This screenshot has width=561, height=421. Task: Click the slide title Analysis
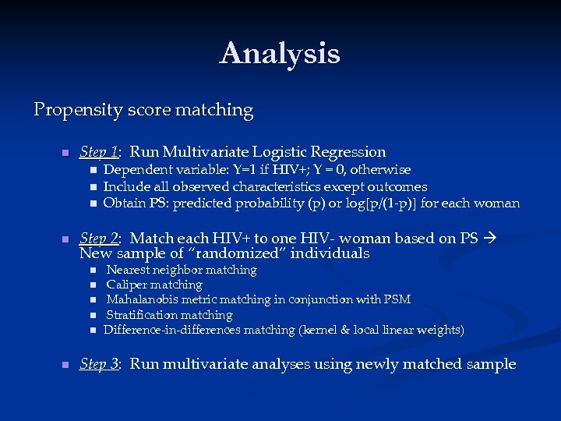[280, 54]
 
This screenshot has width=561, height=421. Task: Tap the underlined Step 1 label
[99, 152]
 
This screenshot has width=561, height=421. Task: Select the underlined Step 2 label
[99, 239]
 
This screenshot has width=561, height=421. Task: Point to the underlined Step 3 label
[99, 364]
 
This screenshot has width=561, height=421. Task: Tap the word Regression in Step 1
[348, 152]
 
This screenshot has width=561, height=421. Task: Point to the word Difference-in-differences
[171, 330]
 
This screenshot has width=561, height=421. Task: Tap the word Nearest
[129, 271]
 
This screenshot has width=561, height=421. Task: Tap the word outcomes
[399, 187]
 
